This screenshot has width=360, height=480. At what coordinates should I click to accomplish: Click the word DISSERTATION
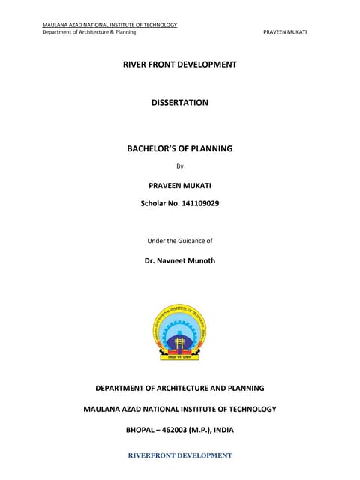tap(180, 102)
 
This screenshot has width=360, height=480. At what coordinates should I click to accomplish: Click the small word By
tap(179, 166)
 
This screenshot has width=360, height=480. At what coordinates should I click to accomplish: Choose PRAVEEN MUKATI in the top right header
tap(285, 32)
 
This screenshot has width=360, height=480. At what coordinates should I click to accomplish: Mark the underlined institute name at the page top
tap(109, 25)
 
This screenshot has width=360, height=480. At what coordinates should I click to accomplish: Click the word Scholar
tap(157, 203)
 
